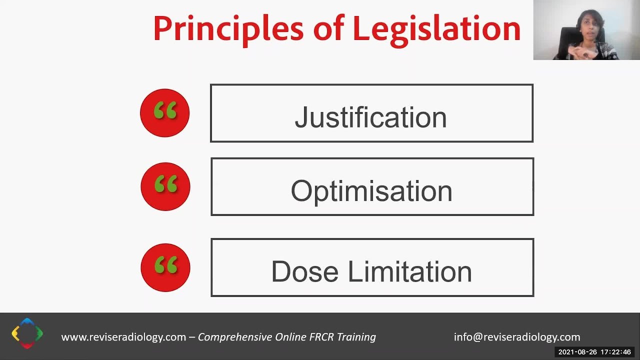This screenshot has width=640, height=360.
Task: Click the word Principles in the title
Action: (228, 29)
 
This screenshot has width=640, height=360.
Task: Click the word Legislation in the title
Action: (436, 29)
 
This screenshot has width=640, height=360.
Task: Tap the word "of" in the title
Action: (328, 29)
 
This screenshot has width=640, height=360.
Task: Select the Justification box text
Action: (370, 117)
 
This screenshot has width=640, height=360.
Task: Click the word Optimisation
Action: (371, 191)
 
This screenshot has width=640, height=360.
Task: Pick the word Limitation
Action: (409, 271)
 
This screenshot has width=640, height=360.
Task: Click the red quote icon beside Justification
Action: (165, 112)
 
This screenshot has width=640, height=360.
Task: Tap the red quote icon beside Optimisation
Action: (165, 186)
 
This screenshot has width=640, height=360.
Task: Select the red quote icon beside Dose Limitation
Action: (165, 267)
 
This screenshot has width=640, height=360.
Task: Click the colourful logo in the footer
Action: (27, 333)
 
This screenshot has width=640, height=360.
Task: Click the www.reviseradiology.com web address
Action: (123, 337)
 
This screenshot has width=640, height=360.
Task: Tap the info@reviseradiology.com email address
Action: (517, 337)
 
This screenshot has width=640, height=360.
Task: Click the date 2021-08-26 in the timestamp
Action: (577, 352)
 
